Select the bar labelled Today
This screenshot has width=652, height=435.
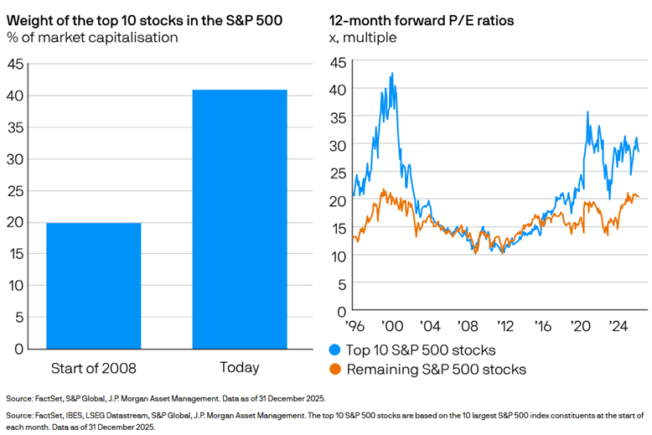240,219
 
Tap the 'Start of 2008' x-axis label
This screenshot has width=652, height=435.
93,367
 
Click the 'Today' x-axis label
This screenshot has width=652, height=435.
240,367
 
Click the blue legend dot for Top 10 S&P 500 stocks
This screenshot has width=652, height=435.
334,350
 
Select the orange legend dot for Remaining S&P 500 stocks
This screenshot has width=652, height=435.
334,369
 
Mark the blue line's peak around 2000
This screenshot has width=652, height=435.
391,74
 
